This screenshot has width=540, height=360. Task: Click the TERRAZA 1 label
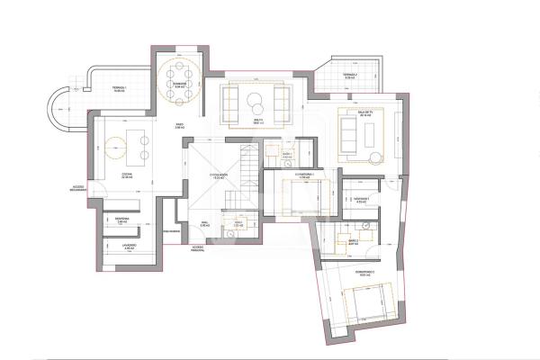click(x=119, y=87)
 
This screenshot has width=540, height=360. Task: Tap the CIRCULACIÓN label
click(x=218, y=177)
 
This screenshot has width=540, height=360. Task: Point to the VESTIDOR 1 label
click(x=362, y=200)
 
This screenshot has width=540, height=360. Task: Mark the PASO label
click(x=180, y=127)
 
